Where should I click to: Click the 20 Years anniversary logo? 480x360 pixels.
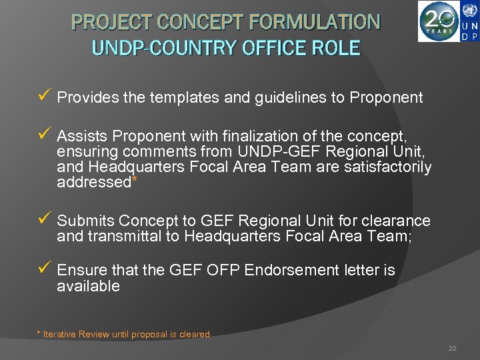pyautogui.click(x=439, y=21)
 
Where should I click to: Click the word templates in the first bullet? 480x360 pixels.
pyautogui.click(x=183, y=98)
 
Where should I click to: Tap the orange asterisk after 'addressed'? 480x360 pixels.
pyautogui.click(x=135, y=180)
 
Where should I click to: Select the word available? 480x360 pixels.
pyautogui.click(x=89, y=287)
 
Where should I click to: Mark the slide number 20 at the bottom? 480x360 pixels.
pyautogui.click(x=452, y=348)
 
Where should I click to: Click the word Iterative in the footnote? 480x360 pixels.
pyautogui.click(x=60, y=335)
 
